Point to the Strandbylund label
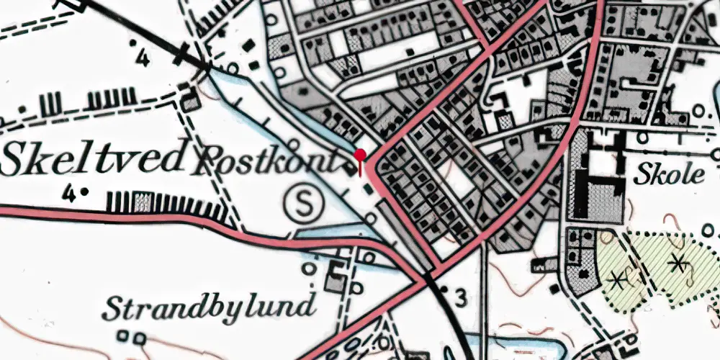pos(209,307)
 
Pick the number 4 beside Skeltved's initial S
pos(69,192)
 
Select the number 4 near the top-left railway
pos(142,57)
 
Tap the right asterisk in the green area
pos(677,263)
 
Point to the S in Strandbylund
pos(112,308)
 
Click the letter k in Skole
pos(652,173)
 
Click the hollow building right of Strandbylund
pos(336,276)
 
